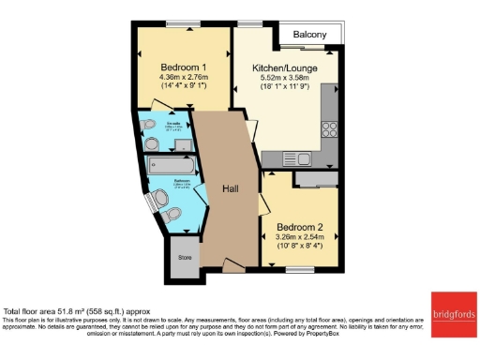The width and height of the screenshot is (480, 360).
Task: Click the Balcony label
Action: (x=309, y=35)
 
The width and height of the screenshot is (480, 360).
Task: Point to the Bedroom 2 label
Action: (x=299, y=225)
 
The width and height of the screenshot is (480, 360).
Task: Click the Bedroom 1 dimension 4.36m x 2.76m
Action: (x=183, y=81)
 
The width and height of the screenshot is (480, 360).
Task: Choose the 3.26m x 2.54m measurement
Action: (x=299, y=237)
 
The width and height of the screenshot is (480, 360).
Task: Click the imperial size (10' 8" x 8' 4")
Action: (x=299, y=247)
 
